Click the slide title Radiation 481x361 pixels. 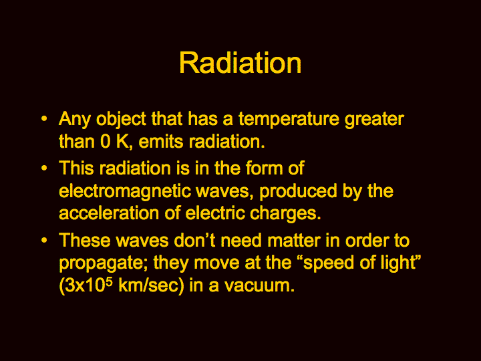[x=240, y=63]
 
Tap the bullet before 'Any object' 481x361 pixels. [x=44, y=118]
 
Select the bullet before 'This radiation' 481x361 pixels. [x=44, y=168]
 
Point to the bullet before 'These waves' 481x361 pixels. [x=44, y=240]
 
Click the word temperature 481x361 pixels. [x=289, y=119]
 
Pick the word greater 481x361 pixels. [x=374, y=120]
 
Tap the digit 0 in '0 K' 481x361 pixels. [x=106, y=142]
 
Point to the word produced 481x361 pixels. [x=298, y=192]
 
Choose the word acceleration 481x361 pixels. [x=109, y=213]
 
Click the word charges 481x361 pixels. [x=285, y=214]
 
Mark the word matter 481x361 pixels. [x=294, y=241]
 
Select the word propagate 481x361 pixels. [x=104, y=263]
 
